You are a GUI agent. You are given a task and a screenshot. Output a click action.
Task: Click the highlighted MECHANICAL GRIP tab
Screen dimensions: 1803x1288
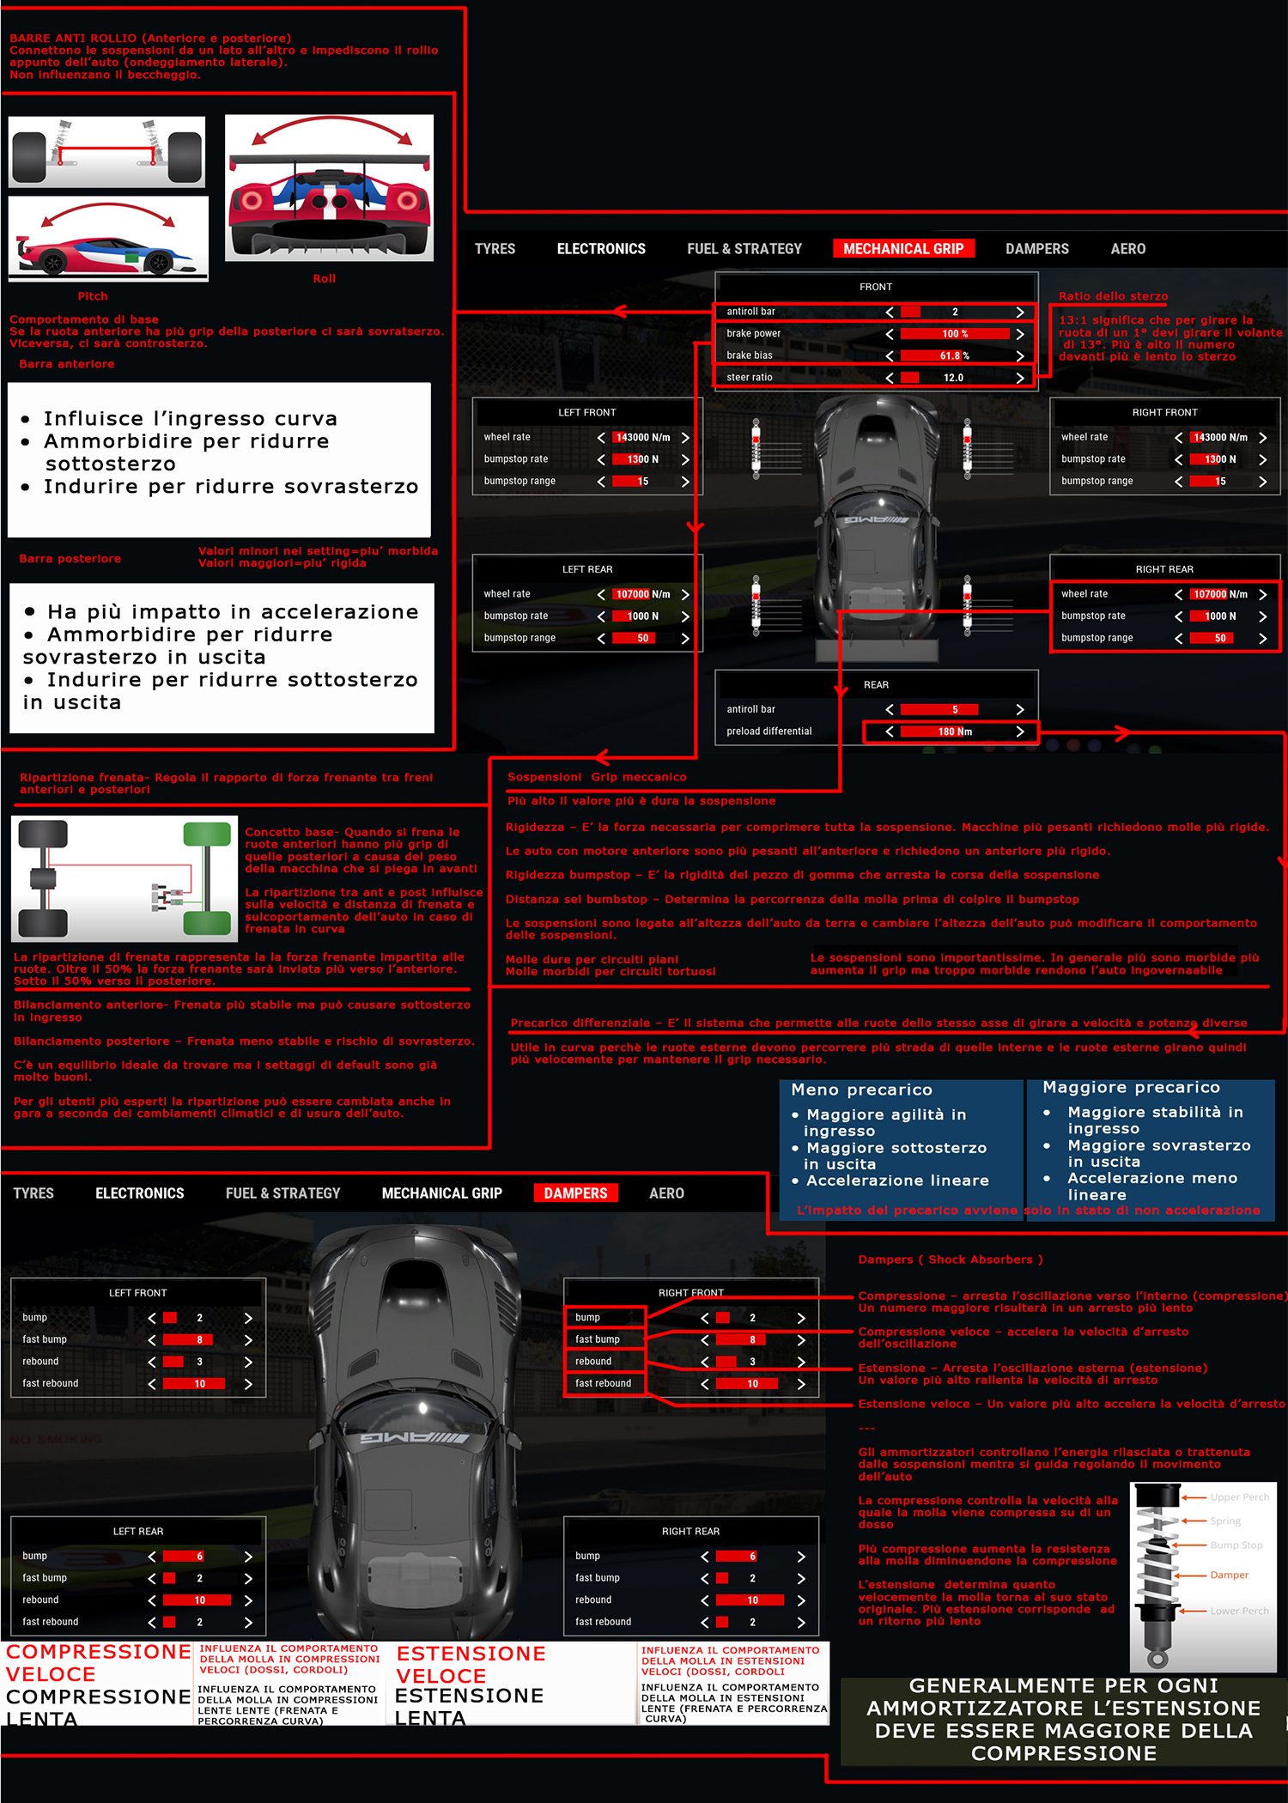(x=903, y=249)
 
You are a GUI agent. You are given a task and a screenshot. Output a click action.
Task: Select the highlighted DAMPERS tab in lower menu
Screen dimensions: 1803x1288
(x=575, y=1193)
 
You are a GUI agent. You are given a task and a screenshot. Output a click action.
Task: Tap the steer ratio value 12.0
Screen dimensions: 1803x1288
(x=953, y=378)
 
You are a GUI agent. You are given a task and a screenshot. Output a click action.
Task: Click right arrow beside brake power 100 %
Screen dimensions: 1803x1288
(x=1020, y=334)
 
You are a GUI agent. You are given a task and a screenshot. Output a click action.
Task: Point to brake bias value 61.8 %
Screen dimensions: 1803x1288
(x=954, y=355)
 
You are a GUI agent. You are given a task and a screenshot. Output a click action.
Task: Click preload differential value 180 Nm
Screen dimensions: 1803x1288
(x=954, y=732)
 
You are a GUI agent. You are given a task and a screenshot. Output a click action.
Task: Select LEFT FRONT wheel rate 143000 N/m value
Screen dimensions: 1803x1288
(x=643, y=438)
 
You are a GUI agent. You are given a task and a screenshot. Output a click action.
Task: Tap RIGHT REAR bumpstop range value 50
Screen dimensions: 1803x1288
(x=1219, y=638)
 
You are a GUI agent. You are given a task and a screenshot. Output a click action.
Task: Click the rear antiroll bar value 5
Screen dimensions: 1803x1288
(x=954, y=710)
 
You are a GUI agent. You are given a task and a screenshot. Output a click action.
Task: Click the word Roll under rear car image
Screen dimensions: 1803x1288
(x=325, y=279)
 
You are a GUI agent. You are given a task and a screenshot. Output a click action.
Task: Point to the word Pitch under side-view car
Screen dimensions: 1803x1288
(x=93, y=296)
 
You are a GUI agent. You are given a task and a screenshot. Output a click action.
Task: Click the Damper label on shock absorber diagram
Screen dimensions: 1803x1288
(x=1229, y=1575)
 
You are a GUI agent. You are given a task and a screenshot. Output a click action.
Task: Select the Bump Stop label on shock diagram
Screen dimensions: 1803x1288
(x=1236, y=1545)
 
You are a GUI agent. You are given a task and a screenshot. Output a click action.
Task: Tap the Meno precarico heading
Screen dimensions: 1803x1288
(x=861, y=1090)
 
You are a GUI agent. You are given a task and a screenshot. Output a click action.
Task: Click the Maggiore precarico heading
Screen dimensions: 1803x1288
(x=1131, y=1088)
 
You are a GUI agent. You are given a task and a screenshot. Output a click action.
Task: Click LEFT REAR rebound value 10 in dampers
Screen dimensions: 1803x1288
(x=199, y=1600)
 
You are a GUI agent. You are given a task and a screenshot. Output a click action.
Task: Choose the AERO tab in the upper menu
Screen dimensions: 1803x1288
(x=1127, y=249)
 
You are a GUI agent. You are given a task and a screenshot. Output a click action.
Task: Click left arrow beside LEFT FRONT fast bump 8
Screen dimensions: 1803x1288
(x=152, y=1340)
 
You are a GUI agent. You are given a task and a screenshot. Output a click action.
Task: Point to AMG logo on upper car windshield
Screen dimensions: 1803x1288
(x=876, y=520)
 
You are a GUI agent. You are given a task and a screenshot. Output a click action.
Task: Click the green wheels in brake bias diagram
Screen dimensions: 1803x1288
(x=207, y=877)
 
